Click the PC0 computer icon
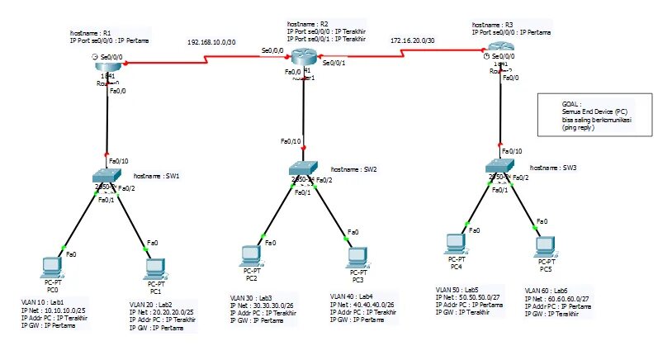[x=52, y=267]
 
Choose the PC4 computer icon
[x=453, y=244]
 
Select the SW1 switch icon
[x=108, y=177]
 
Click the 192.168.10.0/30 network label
[x=212, y=40]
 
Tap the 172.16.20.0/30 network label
[x=413, y=40]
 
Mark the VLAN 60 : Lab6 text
[x=547, y=291]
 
